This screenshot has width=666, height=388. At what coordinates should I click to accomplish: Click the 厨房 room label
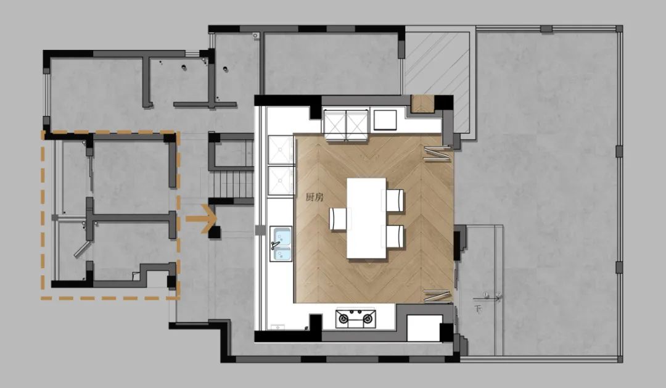[314, 198]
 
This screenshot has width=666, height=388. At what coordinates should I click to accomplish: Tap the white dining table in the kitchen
[366, 218]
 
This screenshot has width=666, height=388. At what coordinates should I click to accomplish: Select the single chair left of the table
[338, 219]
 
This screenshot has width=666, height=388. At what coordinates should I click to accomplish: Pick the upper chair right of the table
[395, 200]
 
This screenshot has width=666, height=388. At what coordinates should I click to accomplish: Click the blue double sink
[281, 239]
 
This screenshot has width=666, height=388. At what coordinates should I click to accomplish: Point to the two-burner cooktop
[356, 318]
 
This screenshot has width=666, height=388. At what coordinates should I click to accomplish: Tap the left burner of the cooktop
[343, 319]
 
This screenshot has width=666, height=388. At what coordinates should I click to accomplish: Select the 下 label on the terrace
[477, 308]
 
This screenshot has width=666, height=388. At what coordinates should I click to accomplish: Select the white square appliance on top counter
[386, 120]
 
